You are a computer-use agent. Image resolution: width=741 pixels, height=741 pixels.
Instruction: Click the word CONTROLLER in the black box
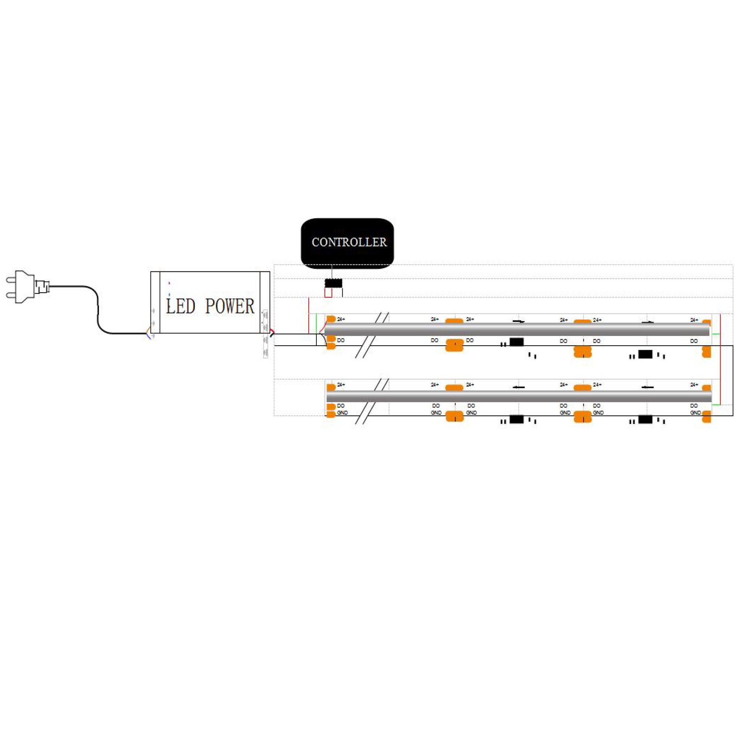pyautogui.click(x=349, y=242)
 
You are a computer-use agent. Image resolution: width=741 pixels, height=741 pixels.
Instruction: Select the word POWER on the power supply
pyautogui.click(x=229, y=306)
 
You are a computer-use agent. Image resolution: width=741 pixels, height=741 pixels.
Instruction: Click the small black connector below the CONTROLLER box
pyautogui.click(x=333, y=283)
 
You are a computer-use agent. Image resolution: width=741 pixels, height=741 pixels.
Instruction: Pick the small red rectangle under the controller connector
pyautogui.click(x=328, y=293)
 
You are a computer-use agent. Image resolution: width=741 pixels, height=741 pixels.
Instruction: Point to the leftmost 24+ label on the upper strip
pyautogui.click(x=341, y=319)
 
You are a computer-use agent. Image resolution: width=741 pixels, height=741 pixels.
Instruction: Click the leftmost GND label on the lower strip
pyautogui.click(x=342, y=413)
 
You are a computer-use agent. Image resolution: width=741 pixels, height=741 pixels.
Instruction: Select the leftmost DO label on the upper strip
pyautogui.click(x=340, y=340)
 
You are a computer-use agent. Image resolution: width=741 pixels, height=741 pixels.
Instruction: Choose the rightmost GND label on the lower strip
pyautogui.click(x=695, y=413)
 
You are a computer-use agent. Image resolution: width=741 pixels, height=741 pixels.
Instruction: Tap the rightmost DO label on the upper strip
pyautogui.click(x=694, y=341)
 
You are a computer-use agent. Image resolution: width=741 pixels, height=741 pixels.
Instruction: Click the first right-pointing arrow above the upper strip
pyautogui.click(x=519, y=321)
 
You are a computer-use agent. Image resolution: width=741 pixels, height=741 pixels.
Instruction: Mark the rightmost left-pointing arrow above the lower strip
pyautogui.click(x=647, y=387)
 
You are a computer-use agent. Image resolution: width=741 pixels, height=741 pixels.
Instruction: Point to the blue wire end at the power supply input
pyautogui.click(x=148, y=336)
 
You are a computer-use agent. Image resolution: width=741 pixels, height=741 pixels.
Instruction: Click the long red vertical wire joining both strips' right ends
pyautogui.click(x=720, y=360)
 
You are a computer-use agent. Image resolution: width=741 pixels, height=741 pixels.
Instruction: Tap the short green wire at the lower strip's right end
pyautogui.click(x=716, y=405)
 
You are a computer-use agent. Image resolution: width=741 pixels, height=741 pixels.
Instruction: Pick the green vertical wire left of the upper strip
pyautogui.click(x=316, y=324)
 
